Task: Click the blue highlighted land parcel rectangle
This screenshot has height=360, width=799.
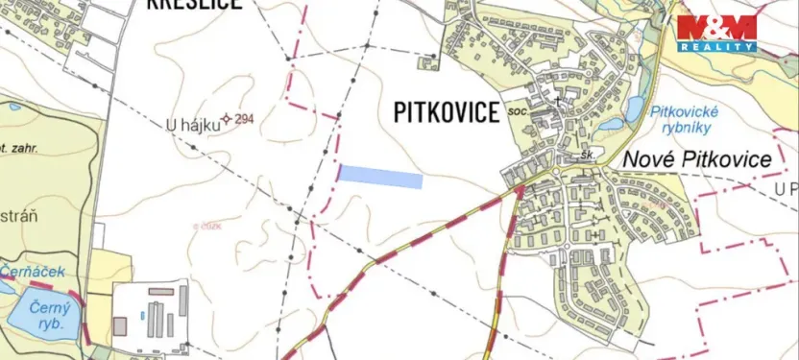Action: (x=380, y=176)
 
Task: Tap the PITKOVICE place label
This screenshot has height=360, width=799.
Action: (x=447, y=112)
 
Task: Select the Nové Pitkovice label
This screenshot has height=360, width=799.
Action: (x=698, y=159)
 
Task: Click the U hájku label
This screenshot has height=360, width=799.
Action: (x=186, y=124)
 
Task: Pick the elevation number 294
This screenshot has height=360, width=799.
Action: (x=244, y=119)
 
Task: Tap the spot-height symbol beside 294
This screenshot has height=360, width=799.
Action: (x=227, y=119)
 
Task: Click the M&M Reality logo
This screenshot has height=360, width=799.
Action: (x=716, y=33)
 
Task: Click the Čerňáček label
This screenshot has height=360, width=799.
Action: (x=33, y=272)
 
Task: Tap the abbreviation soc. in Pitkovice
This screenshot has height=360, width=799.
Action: (x=520, y=111)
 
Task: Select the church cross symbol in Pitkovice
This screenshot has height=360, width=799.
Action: (x=556, y=100)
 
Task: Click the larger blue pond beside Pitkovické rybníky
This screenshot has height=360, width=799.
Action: (x=634, y=108)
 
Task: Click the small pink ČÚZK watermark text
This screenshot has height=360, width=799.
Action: (x=206, y=226)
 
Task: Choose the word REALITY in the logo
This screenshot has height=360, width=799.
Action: (x=716, y=46)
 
